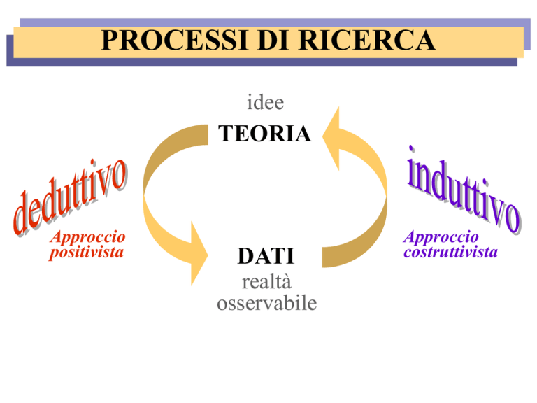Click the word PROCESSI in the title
tap(174, 41)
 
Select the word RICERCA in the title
tap(367, 41)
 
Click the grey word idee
tap(266, 102)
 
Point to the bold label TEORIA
tap(265, 133)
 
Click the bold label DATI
tap(266, 255)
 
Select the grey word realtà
tap(266, 282)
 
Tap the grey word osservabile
tap(267, 303)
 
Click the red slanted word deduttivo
tap(70, 197)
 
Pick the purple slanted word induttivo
tap(464, 190)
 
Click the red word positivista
tap(86, 253)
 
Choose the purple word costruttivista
tap(450, 252)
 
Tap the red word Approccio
tap(87, 237)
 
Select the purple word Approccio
tap(441, 237)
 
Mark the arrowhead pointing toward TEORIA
tap(331, 138)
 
